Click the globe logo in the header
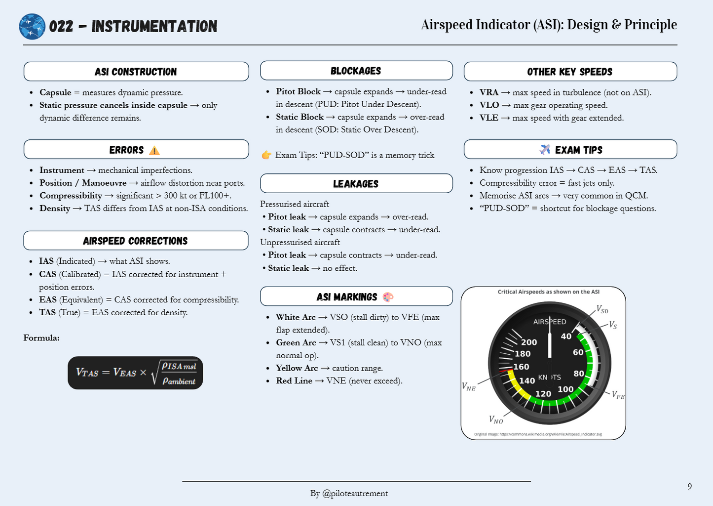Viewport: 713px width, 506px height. (32, 27)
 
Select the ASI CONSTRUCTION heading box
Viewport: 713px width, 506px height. (136, 72)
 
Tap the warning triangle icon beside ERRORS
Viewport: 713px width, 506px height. (154, 150)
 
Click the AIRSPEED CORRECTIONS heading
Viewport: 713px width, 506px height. (136, 241)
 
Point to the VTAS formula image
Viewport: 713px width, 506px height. (136, 373)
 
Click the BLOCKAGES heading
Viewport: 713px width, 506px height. (356, 71)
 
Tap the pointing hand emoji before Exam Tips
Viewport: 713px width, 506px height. (266, 155)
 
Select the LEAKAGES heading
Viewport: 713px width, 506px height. (356, 184)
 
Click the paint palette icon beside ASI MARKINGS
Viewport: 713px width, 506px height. (388, 297)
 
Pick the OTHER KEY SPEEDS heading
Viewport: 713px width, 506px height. (570, 72)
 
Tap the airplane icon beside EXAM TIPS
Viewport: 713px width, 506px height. (545, 150)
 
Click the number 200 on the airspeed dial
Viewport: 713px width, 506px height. (529, 342)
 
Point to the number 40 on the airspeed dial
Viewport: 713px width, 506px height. (566, 336)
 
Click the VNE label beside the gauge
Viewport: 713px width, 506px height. (469, 386)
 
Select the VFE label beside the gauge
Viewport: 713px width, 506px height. (618, 395)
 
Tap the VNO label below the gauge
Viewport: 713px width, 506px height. (496, 420)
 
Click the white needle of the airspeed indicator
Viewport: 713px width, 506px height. (550, 341)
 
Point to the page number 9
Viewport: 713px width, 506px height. (689, 486)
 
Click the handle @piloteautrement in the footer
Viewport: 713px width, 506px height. (355, 493)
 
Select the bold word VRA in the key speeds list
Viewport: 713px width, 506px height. (489, 92)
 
